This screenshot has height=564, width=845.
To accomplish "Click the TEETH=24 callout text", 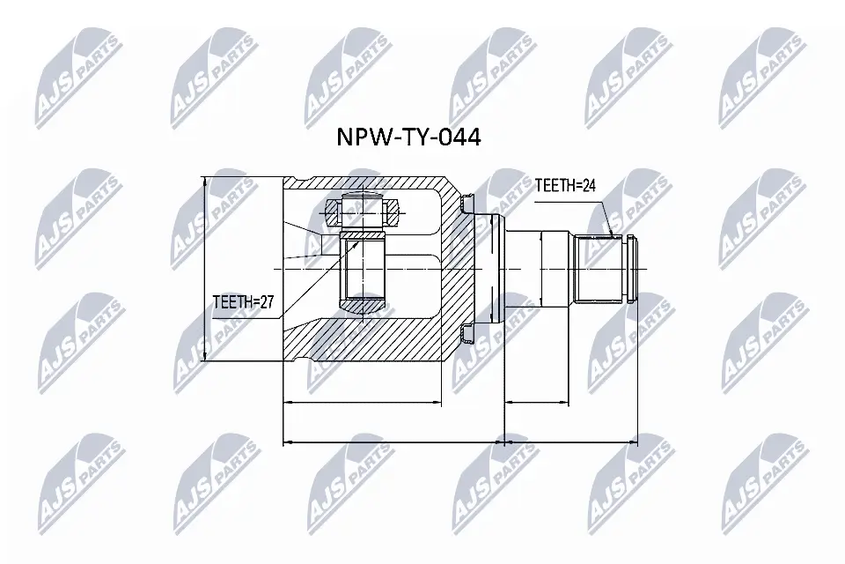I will (x=566, y=186).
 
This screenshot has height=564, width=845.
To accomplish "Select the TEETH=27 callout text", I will (x=244, y=302).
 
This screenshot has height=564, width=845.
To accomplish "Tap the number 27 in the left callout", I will (x=265, y=302).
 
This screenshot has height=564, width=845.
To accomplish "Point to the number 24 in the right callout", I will (x=587, y=186).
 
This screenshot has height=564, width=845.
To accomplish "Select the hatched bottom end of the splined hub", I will (x=364, y=306).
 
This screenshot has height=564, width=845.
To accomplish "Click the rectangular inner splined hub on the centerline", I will (x=364, y=268).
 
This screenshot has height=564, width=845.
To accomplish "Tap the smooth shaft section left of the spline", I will (x=555, y=268).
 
